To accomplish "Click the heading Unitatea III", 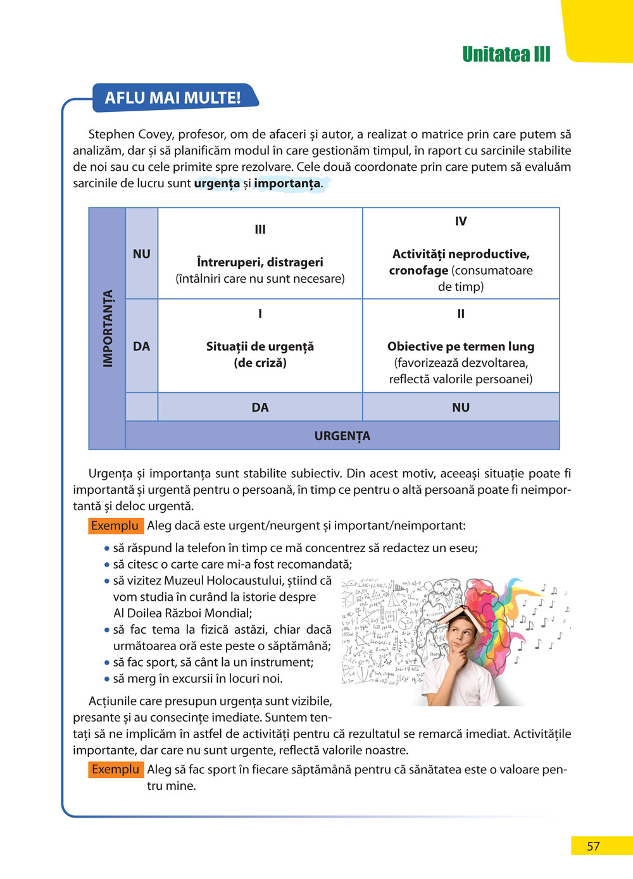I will pyautogui.click(x=506, y=54).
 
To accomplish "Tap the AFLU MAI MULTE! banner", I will pyautogui.click(x=173, y=98).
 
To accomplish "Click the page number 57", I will pyautogui.click(x=593, y=846).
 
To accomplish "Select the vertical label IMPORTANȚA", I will pyautogui.click(x=108, y=328).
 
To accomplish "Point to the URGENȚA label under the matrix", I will pyautogui.click(x=342, y=436).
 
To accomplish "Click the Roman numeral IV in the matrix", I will pyautogui.click(x=461, y=221).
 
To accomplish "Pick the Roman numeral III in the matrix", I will pyautogui.click(x=260, y=230).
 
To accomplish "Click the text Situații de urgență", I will pyautogui.click(x=260, y=347).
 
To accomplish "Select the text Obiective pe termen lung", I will pyautogui.click(x=461, y=347).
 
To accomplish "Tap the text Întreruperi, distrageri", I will pyautogui.click(x=260, y=262).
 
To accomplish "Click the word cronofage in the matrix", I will pyautogui.click(x=418, y=271).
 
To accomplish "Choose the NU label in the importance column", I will pyautogui.click(x=142, y=254).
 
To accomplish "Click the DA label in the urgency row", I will pyautogui.click(x=260, y=407).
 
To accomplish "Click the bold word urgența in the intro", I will pyautogui.click(x=216, y=183).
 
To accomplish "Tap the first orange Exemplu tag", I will pyautogui.click(x=115, y=526).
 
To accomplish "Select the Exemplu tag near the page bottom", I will pyautogui.click(x=115, y=770).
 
